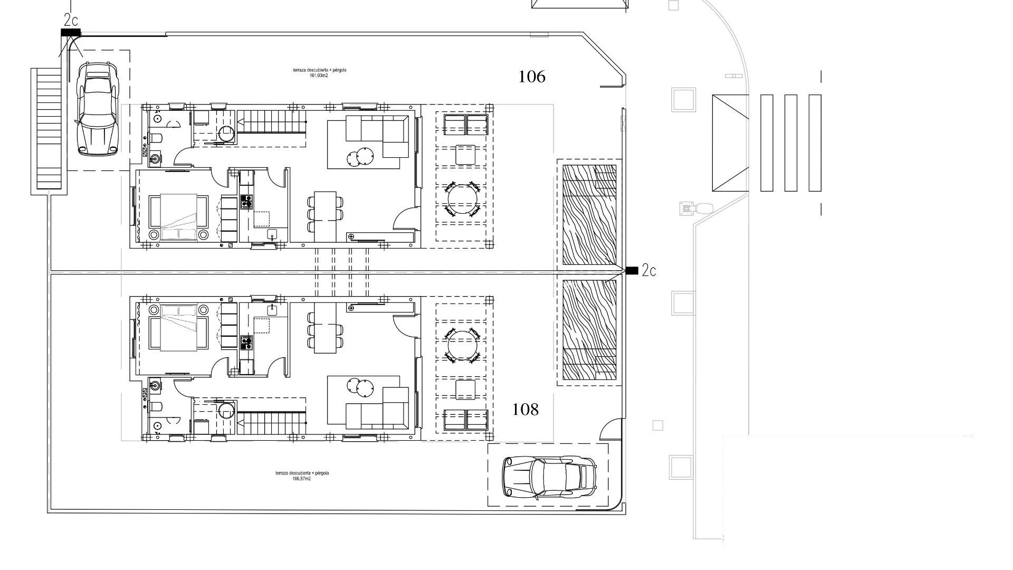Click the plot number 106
click(x=532, y=77)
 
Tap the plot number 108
click(x=525, y=409)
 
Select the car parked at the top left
click(x=98, y=109)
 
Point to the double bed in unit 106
click(x=178, y=217)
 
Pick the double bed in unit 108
click(x=178, y=328)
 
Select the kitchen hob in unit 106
click(x=246, y=202)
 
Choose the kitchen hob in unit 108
click(x=246, y=343)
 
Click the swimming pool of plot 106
click(x=589, y=215)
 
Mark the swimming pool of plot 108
click(x=589, y=330)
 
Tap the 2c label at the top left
click(x=71, y=21)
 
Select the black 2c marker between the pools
click(x=632, y=271)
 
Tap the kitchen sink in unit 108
click(x=272, y=310)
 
